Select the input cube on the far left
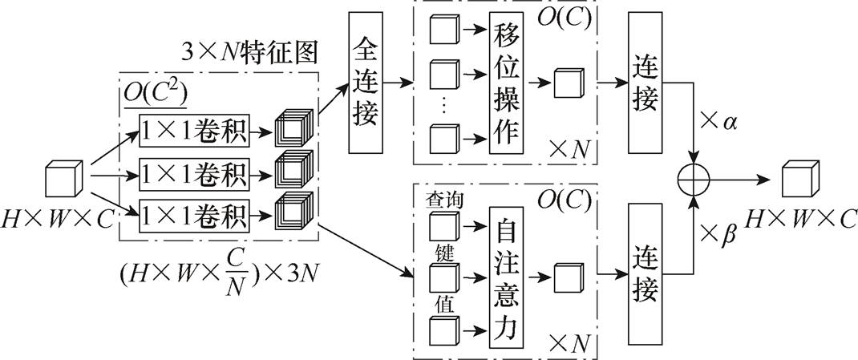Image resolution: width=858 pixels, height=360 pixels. [x=65, y=179]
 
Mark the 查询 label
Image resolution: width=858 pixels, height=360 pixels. [x=443, y=197]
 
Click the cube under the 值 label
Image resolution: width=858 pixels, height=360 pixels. [x=443, y=331]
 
